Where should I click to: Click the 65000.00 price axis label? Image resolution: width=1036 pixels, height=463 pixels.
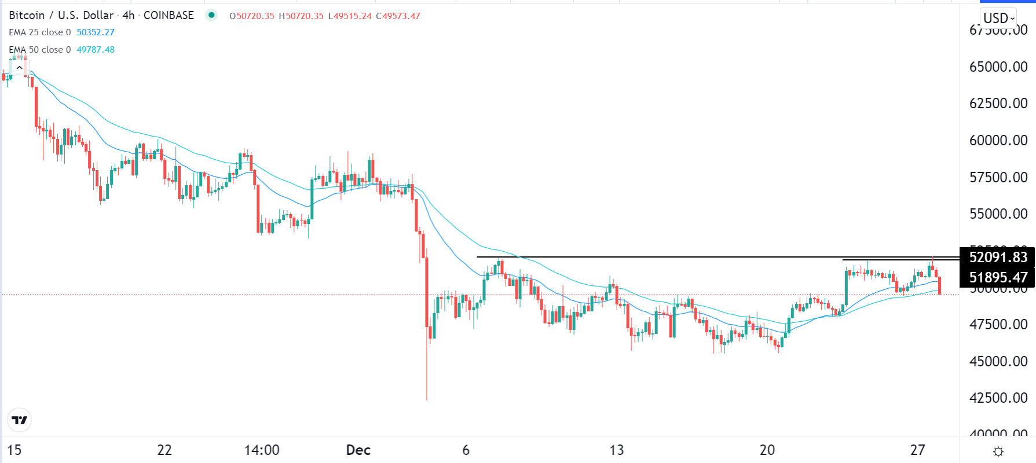(998, 67)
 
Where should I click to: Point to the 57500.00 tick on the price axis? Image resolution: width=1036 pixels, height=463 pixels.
(998, 177)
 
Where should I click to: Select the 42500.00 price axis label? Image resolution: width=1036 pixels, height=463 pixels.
(998, 398)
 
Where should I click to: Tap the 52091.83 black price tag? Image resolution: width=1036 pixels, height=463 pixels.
(998, 257)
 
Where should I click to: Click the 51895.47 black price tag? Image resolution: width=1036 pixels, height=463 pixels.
(998, 277)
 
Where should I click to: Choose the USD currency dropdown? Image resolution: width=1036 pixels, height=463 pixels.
(998, 18)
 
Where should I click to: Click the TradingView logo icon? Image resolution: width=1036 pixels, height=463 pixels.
(20, 420)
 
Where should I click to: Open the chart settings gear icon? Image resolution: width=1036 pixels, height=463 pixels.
(998, 451)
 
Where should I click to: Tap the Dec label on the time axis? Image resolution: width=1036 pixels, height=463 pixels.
(358, 450)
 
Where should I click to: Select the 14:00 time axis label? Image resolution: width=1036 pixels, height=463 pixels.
(262, 450)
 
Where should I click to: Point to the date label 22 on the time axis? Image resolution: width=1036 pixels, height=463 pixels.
(164, 450)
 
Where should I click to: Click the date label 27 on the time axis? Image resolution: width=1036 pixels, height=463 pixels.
(917, 450)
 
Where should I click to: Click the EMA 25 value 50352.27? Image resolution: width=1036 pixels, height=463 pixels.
(96, 32)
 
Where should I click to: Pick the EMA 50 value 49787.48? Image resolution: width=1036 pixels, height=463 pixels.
(96, 50)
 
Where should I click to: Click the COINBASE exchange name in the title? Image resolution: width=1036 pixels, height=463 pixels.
(169, 16)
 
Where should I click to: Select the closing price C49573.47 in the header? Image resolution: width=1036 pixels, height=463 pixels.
(398, 16)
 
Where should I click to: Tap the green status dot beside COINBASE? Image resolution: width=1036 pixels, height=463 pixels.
(211, 16)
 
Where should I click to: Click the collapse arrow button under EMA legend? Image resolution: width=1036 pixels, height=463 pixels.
(19, 68)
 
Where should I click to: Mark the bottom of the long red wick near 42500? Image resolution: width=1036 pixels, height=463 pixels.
(427, 399)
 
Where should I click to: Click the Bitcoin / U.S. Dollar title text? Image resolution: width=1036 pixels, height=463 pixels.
(61, 16)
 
